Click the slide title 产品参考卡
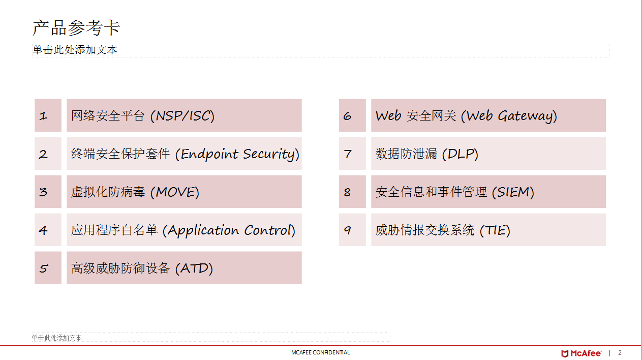click(76, 28)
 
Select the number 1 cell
click(48, 115)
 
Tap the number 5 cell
click(48, 268)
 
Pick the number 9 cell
click(352, 230)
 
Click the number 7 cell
click(352, 154)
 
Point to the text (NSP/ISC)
click(182, 116)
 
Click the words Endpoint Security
click(237, 154)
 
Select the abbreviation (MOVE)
click(175, 192)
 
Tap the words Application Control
click(229, 230)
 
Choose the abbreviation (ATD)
click(194, 268)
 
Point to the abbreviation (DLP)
click(460, 154)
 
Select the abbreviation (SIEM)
click(513, 192)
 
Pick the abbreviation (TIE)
click(495, 230)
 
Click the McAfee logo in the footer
click(581, 353)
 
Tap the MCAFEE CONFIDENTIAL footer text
click(320, 352)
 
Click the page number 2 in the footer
click(620, 353)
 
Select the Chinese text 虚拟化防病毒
click(108, 192)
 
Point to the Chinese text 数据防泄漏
click(407, 154)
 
